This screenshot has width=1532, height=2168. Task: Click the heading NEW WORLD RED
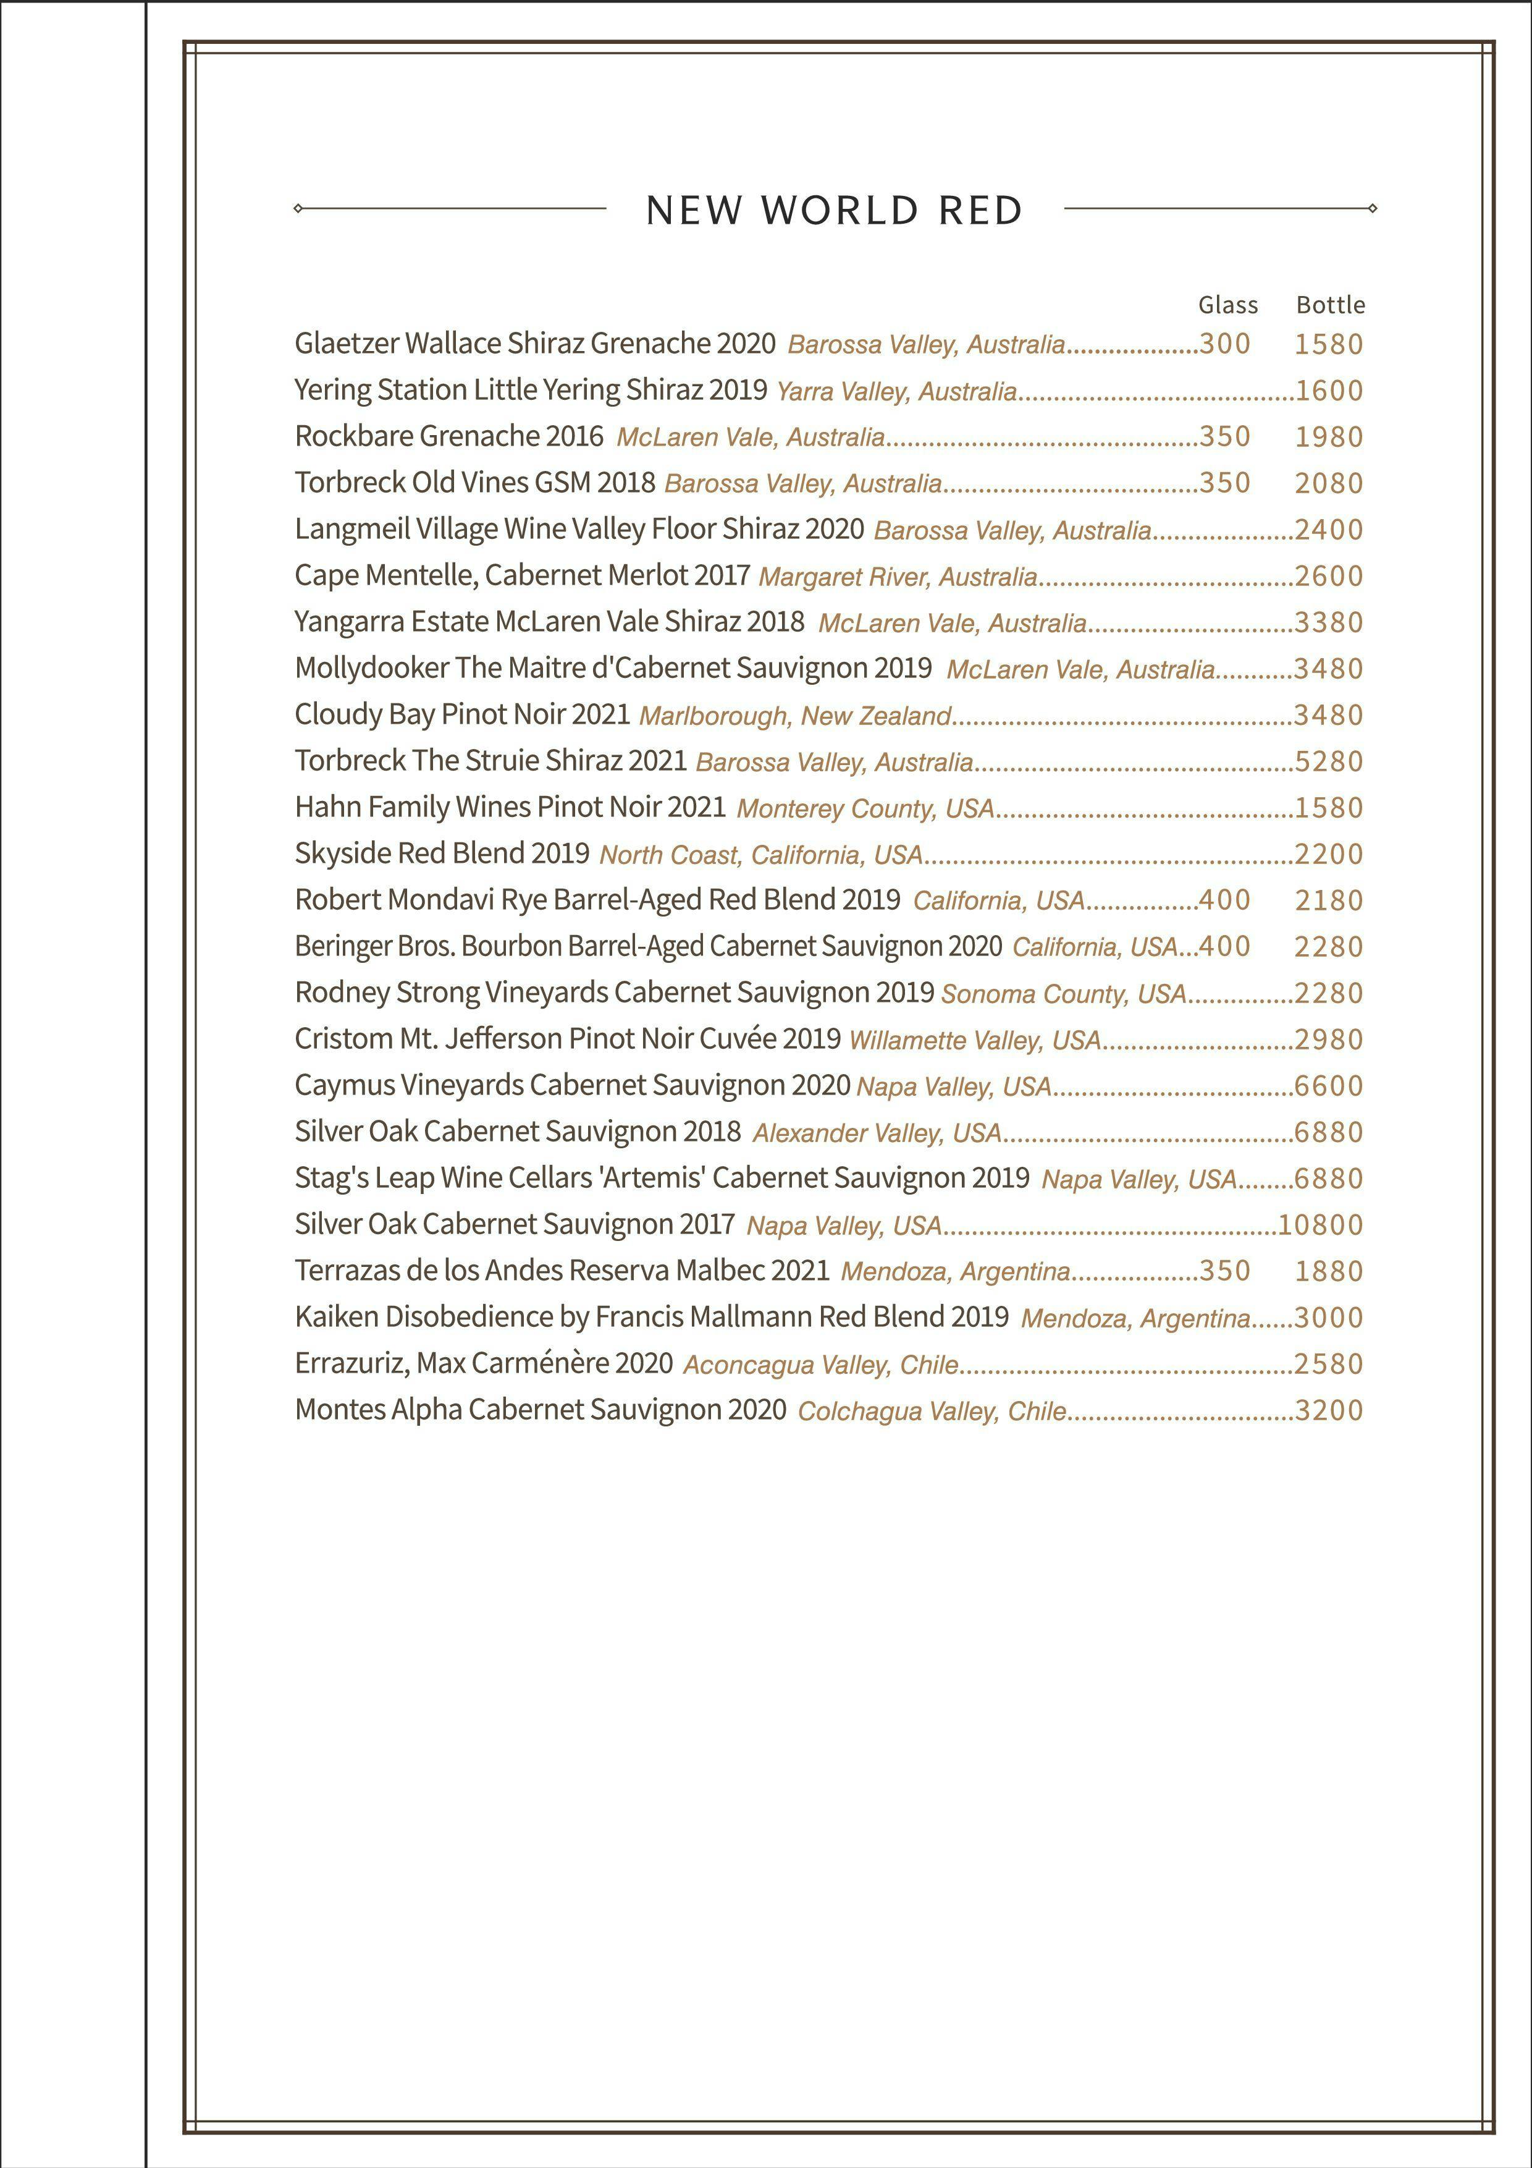(835, 210)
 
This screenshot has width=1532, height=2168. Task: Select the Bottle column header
(1330, 305)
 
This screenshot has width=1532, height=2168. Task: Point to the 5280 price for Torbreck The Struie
(1328, 761)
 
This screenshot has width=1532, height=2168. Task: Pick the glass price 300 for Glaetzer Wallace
(1224, 344)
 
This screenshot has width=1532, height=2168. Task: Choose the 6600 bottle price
(1328, 1086)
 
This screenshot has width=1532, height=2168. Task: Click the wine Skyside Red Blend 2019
(442, 853)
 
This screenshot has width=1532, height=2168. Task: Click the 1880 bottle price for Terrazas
(1328, 1271)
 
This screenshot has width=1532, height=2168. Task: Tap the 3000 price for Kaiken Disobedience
(1328, 1317)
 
